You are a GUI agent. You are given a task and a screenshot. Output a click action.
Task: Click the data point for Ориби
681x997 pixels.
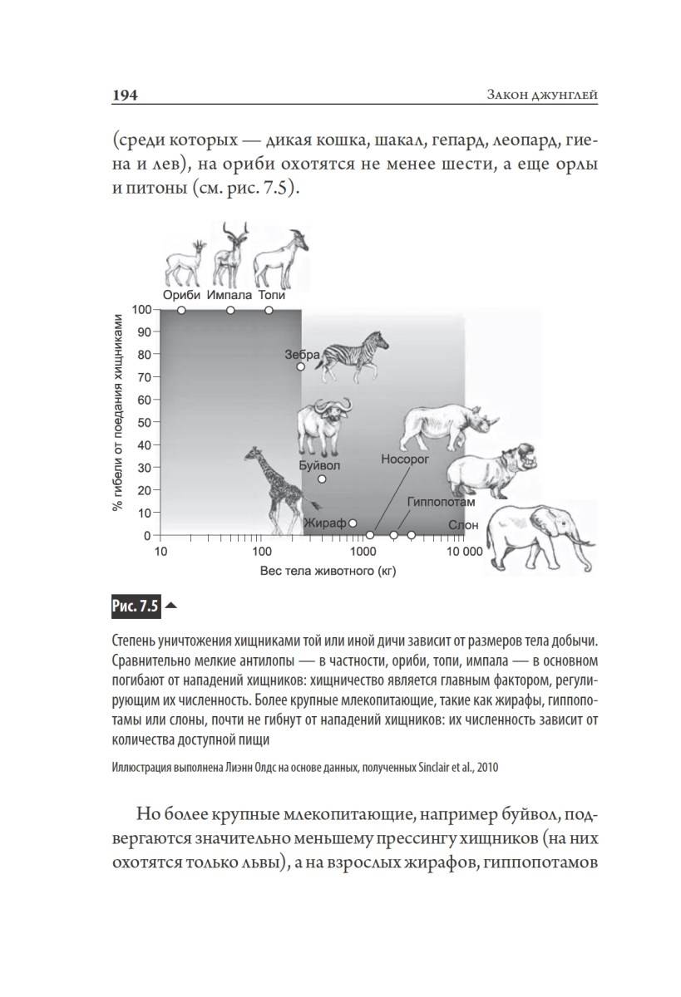181,310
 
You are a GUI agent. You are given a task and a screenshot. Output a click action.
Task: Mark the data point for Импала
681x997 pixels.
230,310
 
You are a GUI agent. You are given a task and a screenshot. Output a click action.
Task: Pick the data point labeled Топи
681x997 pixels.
269,310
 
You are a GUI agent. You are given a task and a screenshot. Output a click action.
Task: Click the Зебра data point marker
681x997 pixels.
301,366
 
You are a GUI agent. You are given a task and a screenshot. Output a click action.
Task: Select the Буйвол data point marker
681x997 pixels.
322,479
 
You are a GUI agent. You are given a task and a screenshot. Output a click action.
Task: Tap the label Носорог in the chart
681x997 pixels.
405,458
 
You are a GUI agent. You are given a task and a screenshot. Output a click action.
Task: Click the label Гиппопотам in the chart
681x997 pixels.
441,503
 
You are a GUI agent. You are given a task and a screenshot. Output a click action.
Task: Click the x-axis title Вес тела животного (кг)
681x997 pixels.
327,572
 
